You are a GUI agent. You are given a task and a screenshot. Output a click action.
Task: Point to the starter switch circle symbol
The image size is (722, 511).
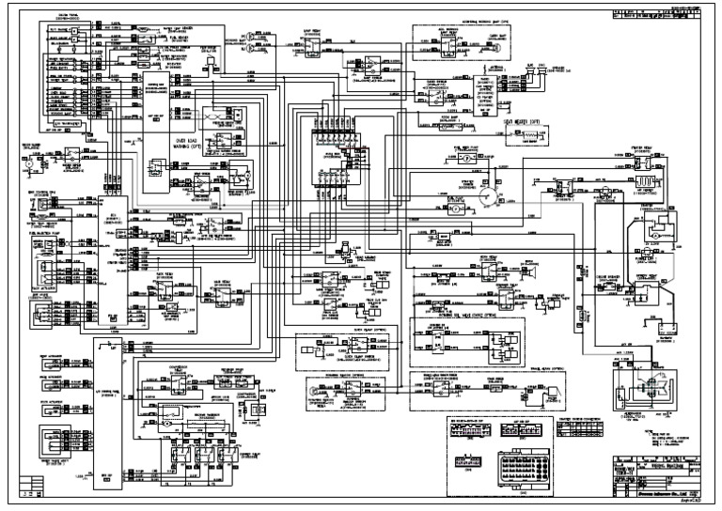coord(487,195)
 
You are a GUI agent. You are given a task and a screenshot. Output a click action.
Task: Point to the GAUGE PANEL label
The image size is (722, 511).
coord(69,18)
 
